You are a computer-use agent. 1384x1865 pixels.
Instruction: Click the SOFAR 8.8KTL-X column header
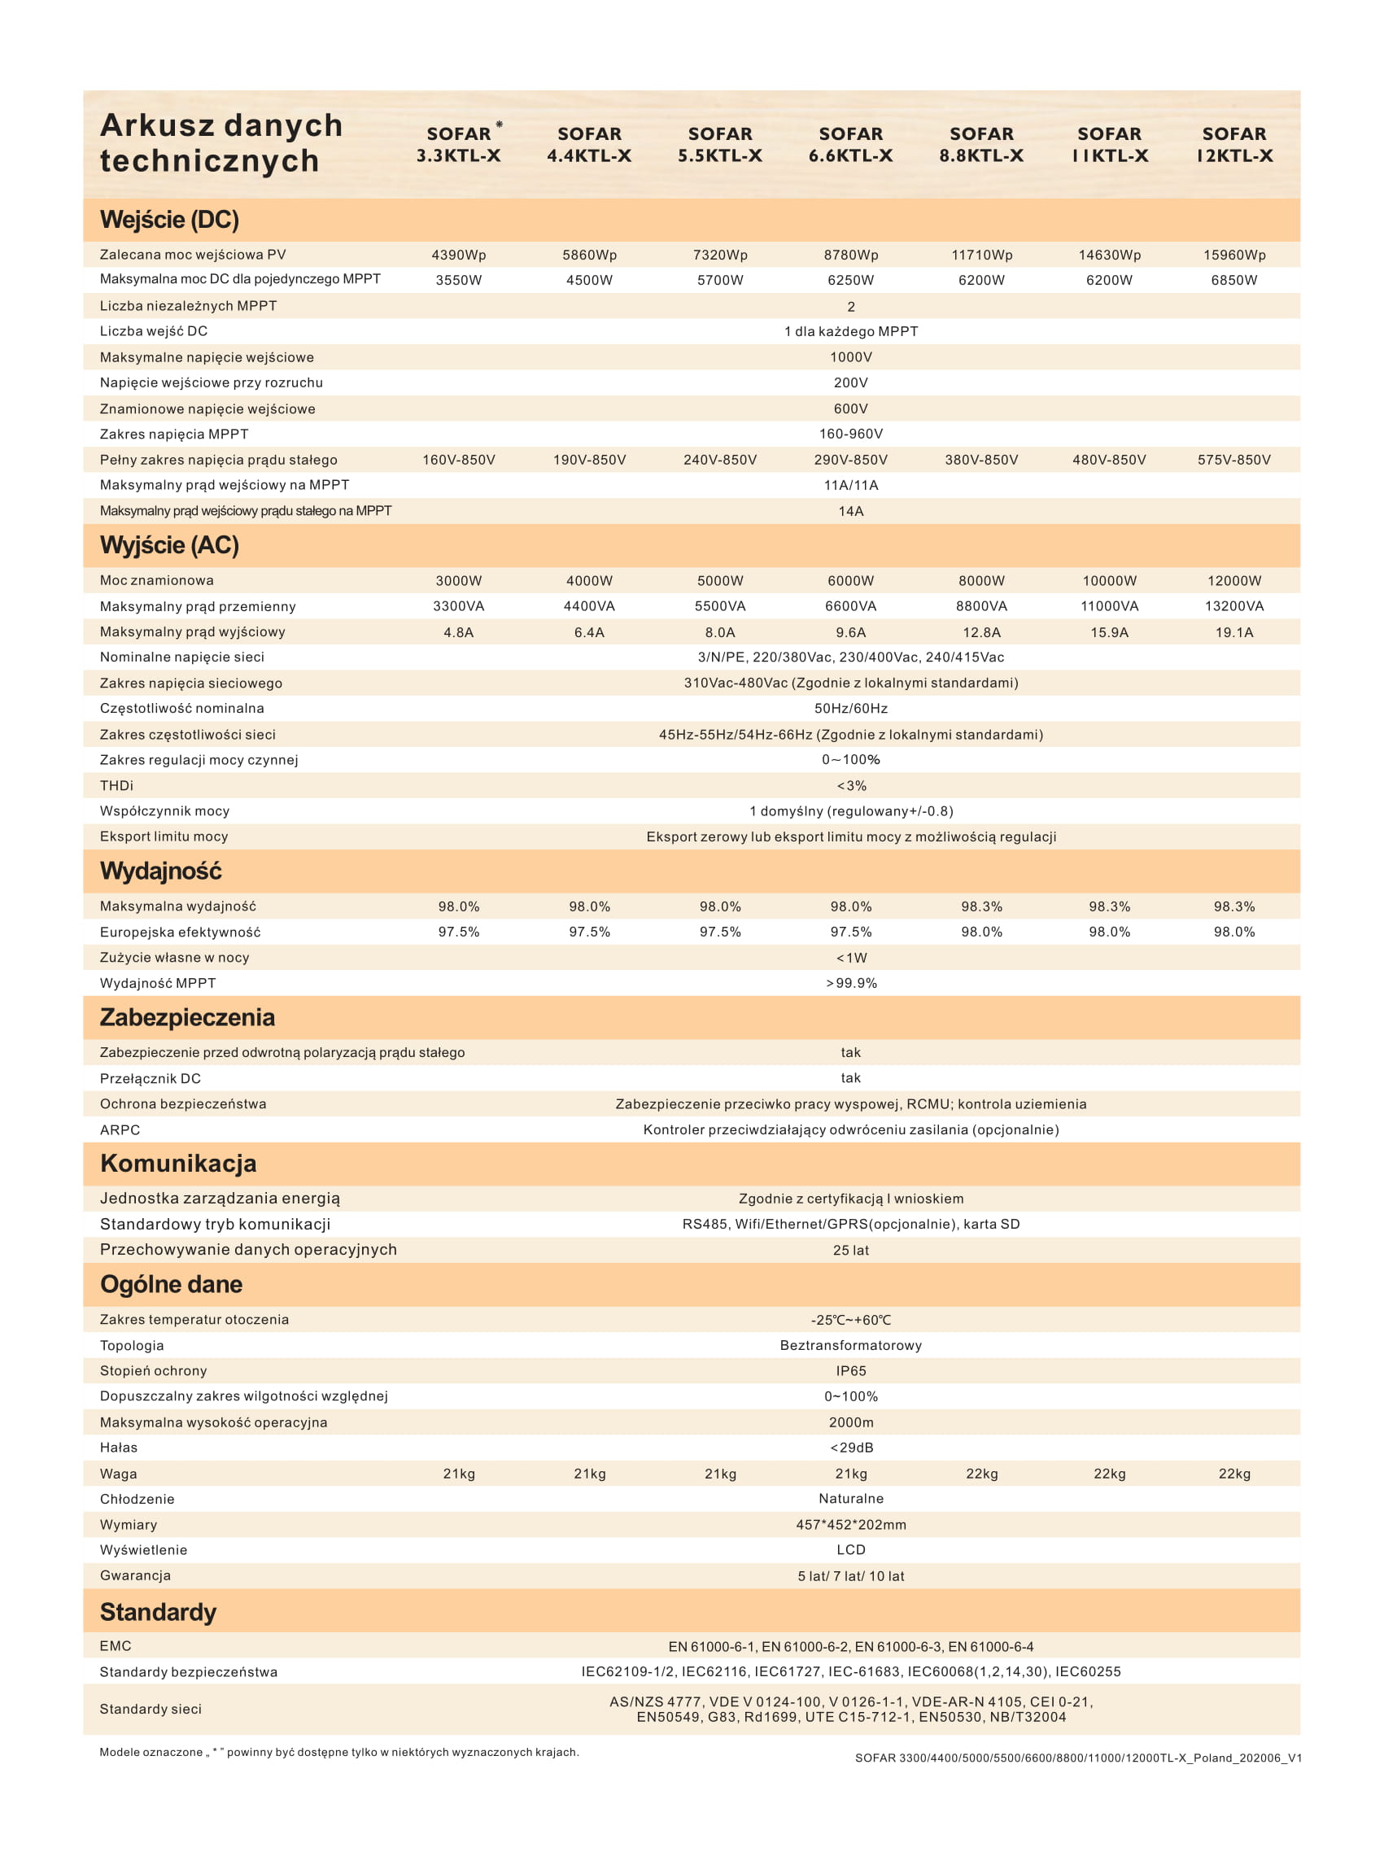[981, 144]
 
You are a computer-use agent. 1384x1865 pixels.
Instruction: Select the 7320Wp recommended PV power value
[719, 255]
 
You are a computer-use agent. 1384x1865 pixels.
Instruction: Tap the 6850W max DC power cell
[1233, 280]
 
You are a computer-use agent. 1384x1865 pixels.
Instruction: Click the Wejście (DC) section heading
[169, 220]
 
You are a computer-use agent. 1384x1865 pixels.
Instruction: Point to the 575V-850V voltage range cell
[1233, 460]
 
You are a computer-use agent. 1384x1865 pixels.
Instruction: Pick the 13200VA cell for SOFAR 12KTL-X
[1233, 605]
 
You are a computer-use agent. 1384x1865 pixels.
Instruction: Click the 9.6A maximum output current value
[850, 632]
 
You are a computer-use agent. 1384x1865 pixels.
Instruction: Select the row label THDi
[116, 786]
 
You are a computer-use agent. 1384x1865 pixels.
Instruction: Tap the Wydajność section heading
[161, 871]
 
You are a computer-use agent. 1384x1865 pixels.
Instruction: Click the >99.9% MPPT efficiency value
[851, 983]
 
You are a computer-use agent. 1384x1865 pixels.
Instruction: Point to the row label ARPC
[120, 1129]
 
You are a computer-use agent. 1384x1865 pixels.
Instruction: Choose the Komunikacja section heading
[177, 1164]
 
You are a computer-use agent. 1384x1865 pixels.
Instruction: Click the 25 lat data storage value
[850, 1250]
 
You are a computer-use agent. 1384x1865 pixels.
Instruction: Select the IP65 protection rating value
[850, 1371]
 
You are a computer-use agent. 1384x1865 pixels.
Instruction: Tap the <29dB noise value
[851, 1447]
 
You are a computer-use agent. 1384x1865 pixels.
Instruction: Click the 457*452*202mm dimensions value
[850, 1525]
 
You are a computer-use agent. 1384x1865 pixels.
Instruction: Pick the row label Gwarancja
[135, 1575]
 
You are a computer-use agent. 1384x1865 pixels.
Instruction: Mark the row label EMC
[116, 1645]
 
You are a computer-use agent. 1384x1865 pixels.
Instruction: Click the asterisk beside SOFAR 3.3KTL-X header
[500, 124]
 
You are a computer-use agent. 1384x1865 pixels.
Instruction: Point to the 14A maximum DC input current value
[850, 511]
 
